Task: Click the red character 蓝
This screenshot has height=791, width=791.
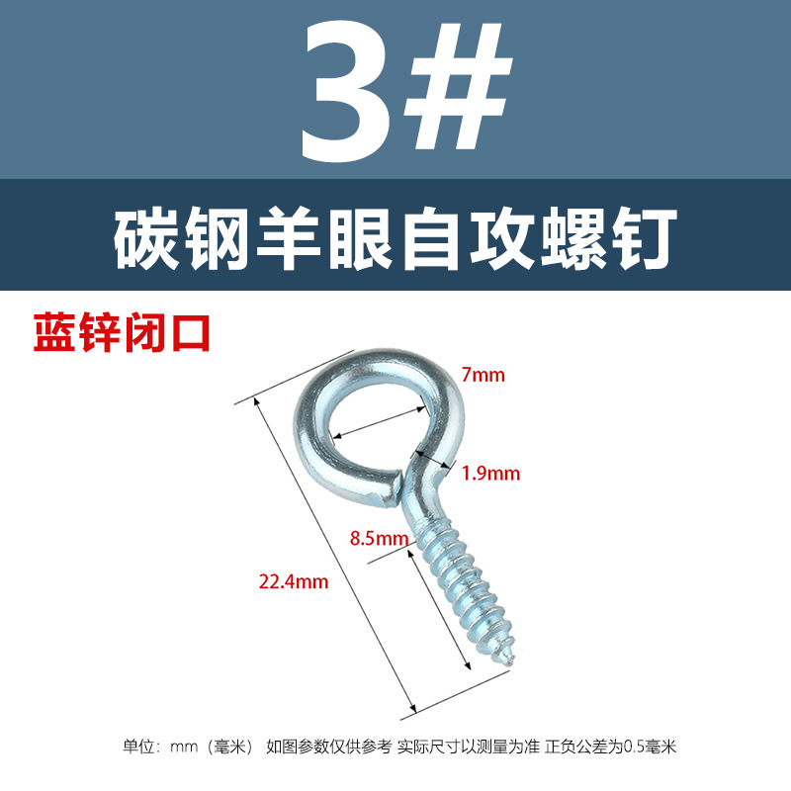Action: (x=55, y=332)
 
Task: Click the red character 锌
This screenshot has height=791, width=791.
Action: (x=100, y=332)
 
